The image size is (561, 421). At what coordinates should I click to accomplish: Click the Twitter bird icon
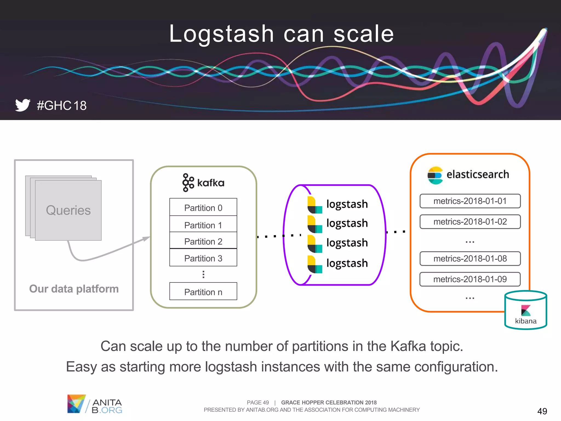click(x=23, y=105)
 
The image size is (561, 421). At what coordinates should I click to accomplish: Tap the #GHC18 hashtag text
click(x=62, y=106)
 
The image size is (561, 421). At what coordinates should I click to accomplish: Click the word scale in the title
click(x=364, y=34)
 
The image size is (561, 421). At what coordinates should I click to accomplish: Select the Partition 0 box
click(x=203, y=207)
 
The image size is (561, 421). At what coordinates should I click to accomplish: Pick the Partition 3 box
click(x=203, y=258)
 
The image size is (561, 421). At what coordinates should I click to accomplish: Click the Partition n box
click(x=203, y=292)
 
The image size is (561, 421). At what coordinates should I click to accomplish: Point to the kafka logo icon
click(x=188, y=183)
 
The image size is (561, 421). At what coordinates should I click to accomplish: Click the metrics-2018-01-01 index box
click(x=470, y=201)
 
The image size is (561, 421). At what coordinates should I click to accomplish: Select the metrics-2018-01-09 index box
click(x=470, y=279)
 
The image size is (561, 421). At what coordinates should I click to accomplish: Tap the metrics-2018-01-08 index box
click(x=470, y=258)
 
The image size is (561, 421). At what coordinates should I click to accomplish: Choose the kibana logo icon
click(x=526, y=310)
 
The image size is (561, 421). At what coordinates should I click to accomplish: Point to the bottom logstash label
click(x=347, y=263)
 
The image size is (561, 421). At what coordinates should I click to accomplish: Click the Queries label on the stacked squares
click(x=68, y=210)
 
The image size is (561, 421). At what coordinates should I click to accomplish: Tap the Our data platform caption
click(x=74, y=289)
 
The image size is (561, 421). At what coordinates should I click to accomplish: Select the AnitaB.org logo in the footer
click(x=95, y=404)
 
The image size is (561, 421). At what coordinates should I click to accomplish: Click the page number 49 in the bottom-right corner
click(x=542, y=411)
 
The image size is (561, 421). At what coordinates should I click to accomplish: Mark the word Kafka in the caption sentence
click(x=408, y=346)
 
